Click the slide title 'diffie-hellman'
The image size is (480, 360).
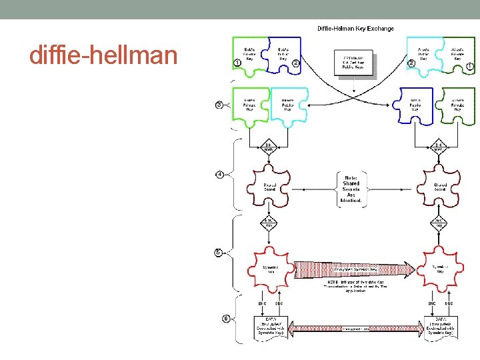click(103, 55)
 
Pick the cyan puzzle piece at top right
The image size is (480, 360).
click(423, 54)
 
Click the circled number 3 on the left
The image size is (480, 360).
click(219, 105)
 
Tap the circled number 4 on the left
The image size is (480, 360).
click(219, 175)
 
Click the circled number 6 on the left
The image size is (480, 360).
click(226, 319)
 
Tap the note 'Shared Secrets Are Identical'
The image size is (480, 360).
click(351, 188)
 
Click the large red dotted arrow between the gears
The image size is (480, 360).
click(353, 268)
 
